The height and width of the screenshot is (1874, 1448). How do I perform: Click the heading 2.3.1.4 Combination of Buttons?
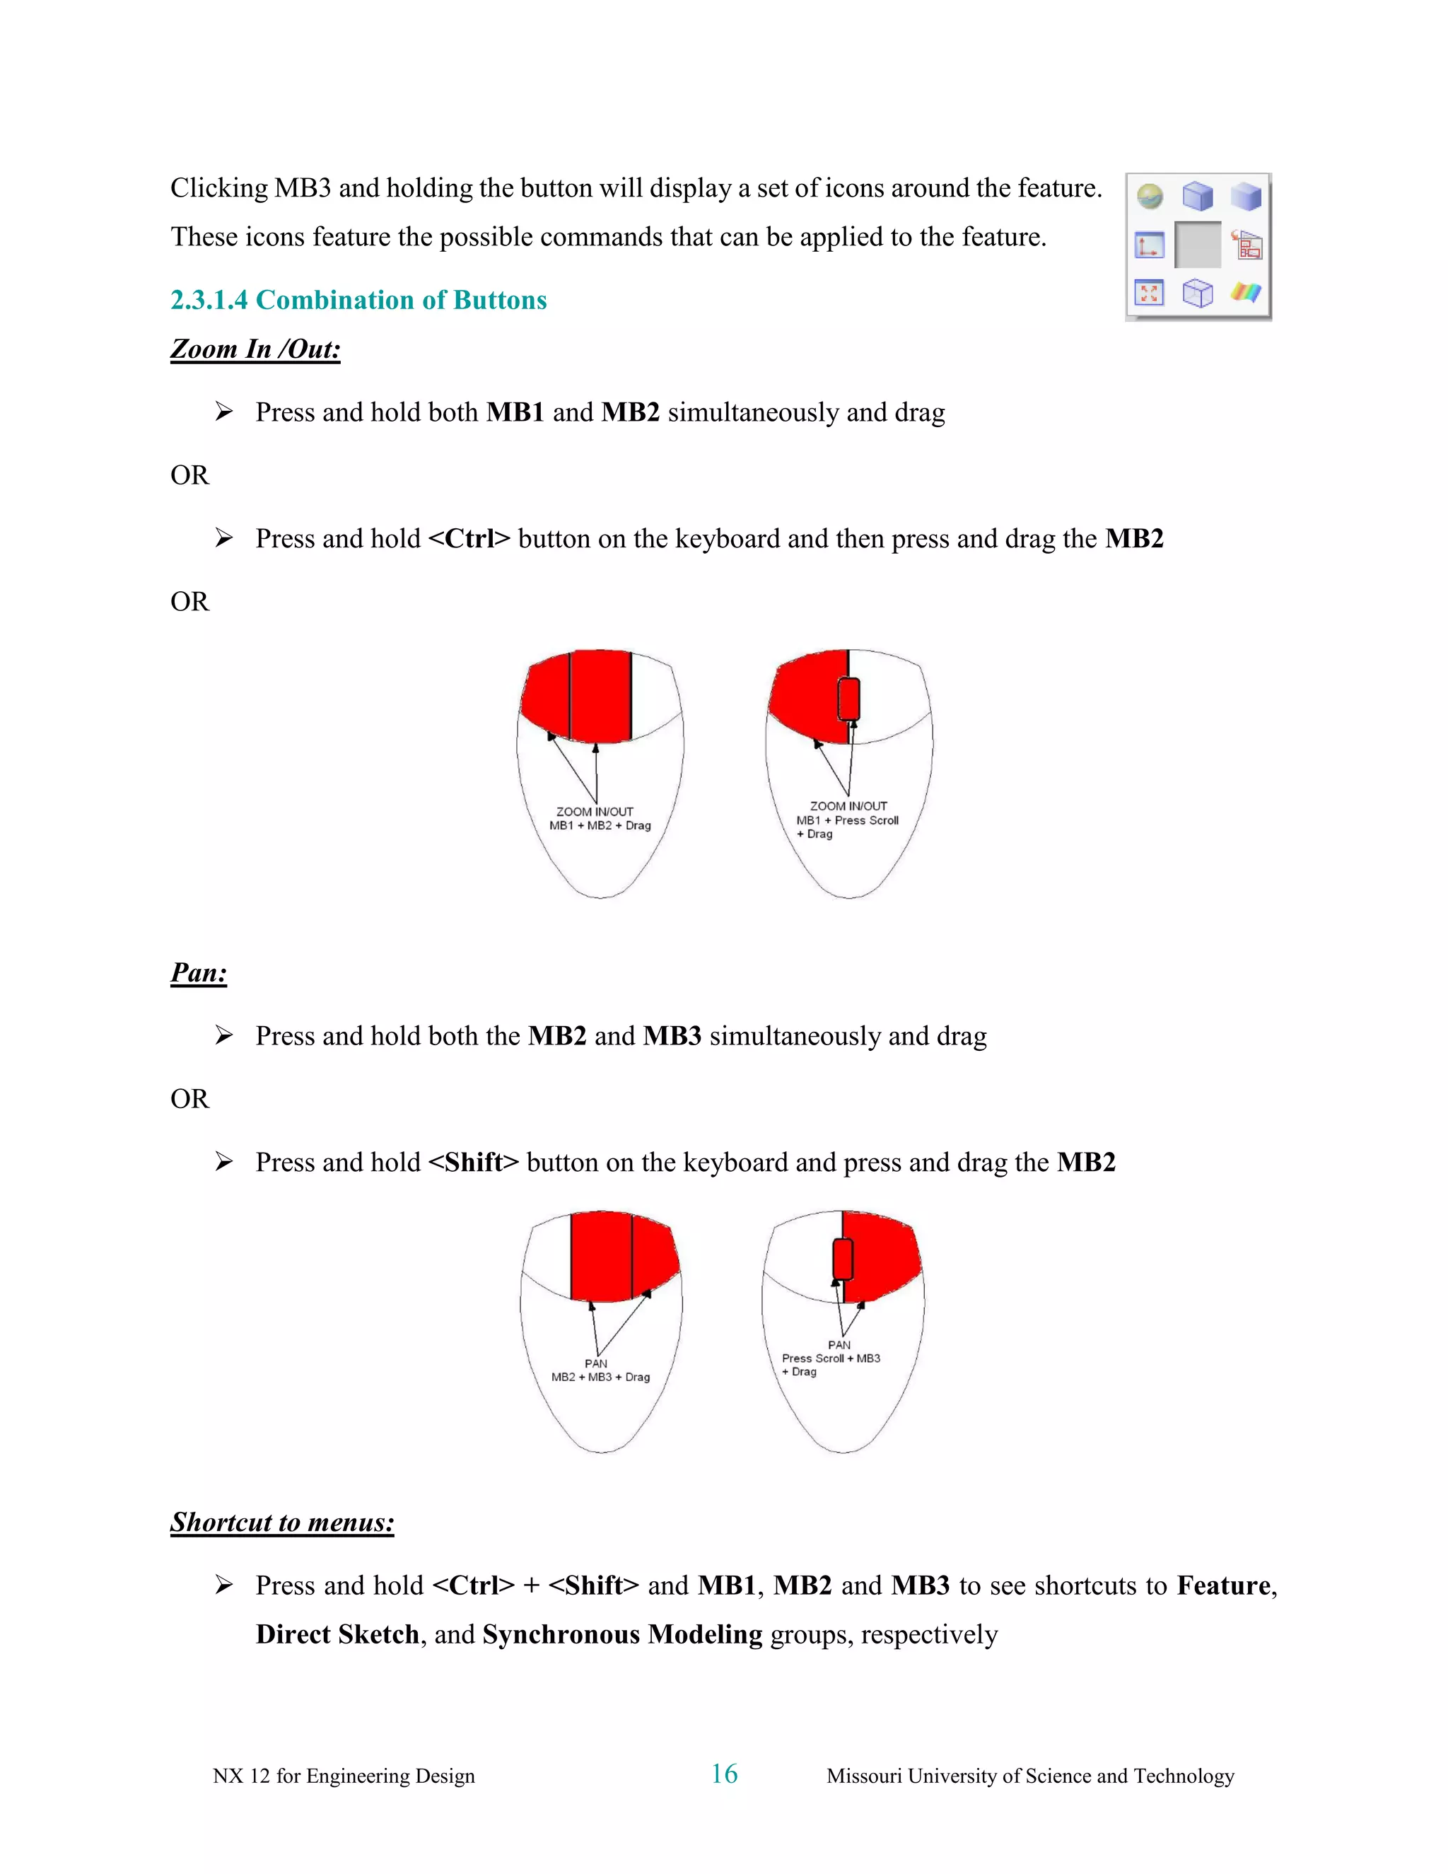(x=358, y=301)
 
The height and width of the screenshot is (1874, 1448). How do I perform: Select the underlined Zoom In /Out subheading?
(x=256, y=349)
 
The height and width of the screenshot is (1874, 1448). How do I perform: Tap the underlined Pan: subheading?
(x=199, y=973)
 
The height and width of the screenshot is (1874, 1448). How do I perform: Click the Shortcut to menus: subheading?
(x=282, y=1523)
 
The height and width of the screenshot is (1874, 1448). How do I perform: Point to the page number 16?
(x=724, y=1774)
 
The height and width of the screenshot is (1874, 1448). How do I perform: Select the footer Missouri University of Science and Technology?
(x=1029, y=1776)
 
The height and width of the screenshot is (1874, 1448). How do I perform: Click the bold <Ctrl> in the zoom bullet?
(x=469, y=539)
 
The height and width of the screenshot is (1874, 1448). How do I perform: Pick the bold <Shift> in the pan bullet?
(x=474, y=1163)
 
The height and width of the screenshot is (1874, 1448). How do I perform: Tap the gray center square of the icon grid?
(x=1198, y=245)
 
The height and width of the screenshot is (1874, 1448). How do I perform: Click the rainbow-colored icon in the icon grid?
(x=1246, y=293)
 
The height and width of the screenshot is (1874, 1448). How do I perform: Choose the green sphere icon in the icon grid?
(x=1150, y=197)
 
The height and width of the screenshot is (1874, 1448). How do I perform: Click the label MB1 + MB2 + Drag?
(x=600, y=825)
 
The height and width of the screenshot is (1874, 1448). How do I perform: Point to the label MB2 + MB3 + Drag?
(x=600, y=1377)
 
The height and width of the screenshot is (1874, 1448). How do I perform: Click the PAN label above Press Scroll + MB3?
(x=839, y=1346)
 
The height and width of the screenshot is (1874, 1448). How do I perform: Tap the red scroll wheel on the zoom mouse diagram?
(x=848, y=699)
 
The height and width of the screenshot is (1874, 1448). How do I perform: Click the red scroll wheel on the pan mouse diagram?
(x=842, y=1259)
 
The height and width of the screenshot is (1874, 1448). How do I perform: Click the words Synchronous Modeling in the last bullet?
(x=622, y=1634)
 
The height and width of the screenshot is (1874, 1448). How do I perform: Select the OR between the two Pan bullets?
(x=189, y=1099)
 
